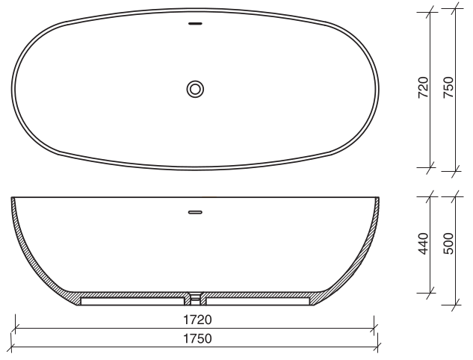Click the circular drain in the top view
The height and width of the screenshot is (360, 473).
coord(195,89)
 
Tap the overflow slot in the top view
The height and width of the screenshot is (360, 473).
coord(195,23)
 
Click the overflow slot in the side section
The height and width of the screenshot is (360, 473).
coord(195,211)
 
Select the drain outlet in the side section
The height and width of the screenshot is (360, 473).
coord(195,299)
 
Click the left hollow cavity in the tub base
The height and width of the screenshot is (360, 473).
coord(131,300)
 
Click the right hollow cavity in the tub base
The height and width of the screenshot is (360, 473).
coord(258,300)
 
